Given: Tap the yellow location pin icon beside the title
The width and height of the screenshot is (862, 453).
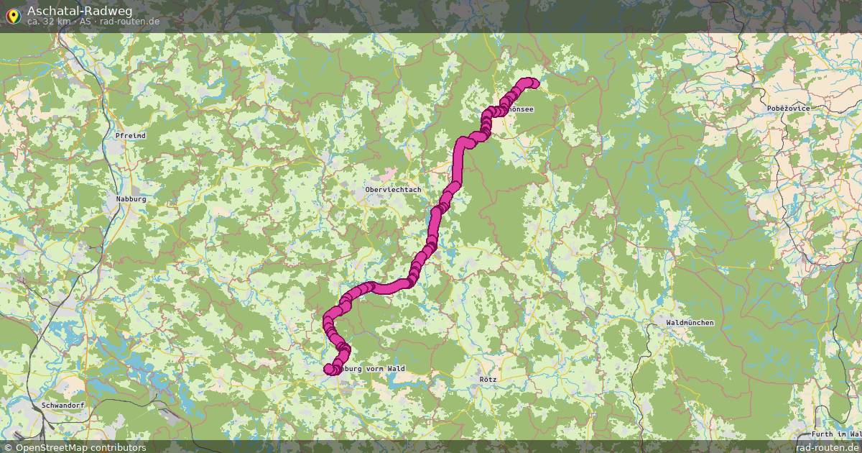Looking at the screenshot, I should coord(13,15).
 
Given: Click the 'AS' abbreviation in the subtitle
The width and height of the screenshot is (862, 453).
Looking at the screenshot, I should coord(85,22).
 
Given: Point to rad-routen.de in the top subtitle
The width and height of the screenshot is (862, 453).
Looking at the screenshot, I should coord(130,22).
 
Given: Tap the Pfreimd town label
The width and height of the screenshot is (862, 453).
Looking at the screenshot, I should coord(130,135).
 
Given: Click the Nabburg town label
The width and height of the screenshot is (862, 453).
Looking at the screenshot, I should coord(131,198).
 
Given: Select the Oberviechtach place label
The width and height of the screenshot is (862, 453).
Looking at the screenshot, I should coord(393,190).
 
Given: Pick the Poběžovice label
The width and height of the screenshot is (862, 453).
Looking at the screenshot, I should coord(788,108).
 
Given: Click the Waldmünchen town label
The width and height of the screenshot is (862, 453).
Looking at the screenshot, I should coord(690,323).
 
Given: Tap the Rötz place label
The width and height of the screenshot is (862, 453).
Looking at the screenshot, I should coord(488,378).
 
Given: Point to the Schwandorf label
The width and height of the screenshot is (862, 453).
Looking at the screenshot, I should coord(63,406).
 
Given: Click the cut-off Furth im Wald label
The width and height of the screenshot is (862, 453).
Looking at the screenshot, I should coord(836,434).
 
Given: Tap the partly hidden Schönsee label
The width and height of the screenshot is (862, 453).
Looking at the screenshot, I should coord(520,109).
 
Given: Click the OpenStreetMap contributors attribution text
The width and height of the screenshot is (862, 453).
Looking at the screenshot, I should coord(80,447).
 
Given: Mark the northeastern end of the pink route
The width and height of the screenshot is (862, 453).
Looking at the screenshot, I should coord(532,83).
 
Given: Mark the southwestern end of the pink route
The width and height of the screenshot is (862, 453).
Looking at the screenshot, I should coord(330,369).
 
